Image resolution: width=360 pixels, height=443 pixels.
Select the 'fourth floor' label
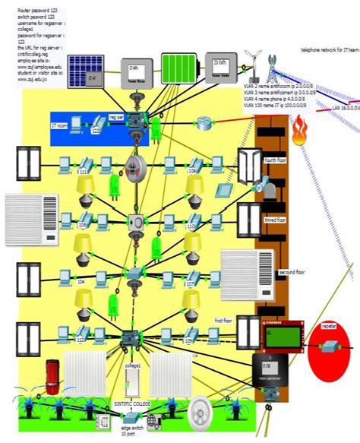[x=274, y=160]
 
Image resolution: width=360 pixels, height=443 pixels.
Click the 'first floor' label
[x=224, y=321]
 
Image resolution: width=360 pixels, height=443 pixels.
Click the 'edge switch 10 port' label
[x=132, y=434]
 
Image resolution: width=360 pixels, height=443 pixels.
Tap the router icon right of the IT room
[x=205, y=123]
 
